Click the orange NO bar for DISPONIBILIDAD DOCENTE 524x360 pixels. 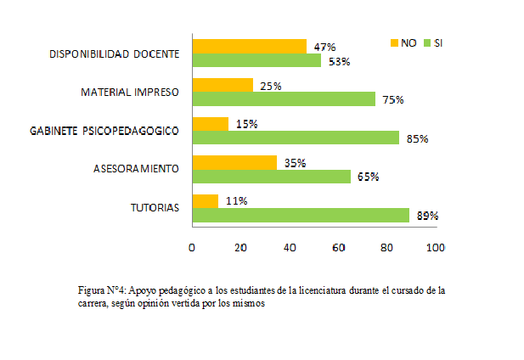coord(249,46)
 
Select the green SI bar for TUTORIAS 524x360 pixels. coord(301,216)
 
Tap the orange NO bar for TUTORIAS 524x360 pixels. coord(206,201)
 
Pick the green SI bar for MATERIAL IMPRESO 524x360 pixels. coord(284,99)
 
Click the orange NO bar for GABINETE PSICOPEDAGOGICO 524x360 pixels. coord(211,124)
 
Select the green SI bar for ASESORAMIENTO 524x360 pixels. coord(272,177)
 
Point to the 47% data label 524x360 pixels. coord(325,47)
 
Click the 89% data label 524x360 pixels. coord(427,216)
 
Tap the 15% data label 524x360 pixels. coord(247,124)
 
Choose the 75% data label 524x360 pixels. coord(392,100)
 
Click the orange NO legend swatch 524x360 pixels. coord(393,42)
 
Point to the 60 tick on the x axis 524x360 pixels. coord(339,247)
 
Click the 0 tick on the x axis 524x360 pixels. coord(192,247)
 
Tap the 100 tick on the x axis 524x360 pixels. coord(435,247)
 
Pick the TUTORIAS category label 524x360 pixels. coord(155,208)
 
